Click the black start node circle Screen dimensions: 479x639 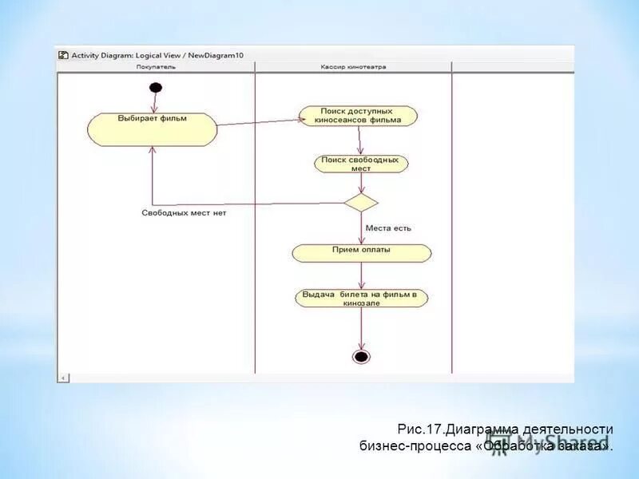156,87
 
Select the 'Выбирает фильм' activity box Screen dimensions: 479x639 152,129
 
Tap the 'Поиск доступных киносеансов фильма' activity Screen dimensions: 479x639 359,116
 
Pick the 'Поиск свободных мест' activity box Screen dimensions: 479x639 361,164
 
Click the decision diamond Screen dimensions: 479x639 361,202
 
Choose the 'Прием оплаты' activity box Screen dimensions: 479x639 362,253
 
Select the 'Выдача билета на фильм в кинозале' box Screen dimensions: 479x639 362,298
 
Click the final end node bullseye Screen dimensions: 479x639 361,356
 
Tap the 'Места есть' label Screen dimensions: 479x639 388,228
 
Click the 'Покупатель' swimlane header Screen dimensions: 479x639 156,67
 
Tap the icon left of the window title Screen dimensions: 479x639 63,55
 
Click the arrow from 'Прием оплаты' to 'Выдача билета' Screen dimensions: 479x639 362,275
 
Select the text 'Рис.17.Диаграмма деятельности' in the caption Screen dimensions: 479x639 505,430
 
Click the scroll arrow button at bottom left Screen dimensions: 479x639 65,378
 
